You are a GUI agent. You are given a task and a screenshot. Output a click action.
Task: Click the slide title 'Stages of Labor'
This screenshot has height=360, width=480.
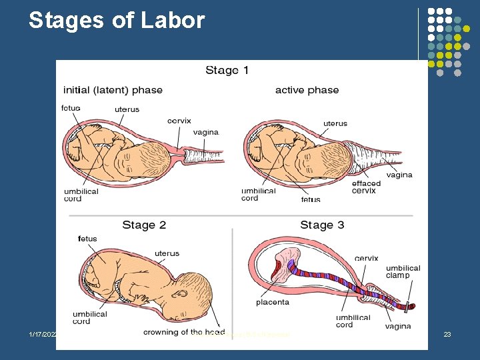point(117,21)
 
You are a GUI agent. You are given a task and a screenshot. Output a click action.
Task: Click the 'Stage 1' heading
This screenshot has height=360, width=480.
point(227,70)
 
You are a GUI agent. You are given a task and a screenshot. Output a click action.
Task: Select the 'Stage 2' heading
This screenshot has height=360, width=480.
point(144,225)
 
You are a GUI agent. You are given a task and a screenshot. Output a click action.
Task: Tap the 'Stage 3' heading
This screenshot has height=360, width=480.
point(322,225)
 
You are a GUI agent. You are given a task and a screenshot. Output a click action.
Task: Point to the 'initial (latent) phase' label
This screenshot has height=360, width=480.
point(113,90)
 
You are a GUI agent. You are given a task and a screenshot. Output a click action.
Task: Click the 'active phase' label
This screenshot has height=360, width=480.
point(307,90)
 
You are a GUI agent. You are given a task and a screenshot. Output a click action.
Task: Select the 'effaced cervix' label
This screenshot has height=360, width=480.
point(366,187)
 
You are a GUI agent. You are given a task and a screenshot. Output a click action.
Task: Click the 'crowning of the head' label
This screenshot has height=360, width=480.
point(183,332)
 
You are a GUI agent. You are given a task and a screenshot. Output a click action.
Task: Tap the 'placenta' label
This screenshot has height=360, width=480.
point(273,302)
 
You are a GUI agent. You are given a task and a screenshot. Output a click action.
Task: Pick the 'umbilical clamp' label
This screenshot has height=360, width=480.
point(403,271)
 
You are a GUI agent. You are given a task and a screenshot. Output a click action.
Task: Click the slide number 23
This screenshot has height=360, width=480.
point(447,334)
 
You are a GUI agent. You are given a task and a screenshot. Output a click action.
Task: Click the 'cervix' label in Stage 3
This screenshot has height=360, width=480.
point(366,259)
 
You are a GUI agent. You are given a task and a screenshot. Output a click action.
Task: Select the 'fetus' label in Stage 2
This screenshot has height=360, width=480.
point(87,239)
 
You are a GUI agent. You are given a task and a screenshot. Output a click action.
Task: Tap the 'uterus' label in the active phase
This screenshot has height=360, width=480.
point(335,123)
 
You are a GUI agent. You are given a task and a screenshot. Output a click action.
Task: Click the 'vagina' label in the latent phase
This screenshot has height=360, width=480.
point(205,132)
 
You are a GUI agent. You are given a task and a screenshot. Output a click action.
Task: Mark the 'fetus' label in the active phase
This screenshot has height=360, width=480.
point(310,199)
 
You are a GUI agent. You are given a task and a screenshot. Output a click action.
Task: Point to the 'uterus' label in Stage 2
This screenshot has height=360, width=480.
point(167,253)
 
